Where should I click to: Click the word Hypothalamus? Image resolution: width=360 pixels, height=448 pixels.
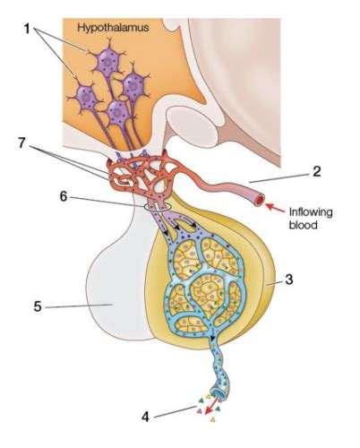click(113, 28)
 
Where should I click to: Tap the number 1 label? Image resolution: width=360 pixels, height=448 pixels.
click(27, 30)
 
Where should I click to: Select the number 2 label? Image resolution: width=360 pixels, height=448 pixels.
click(317, 171)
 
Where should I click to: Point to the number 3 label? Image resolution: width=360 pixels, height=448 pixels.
click(288, 280)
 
